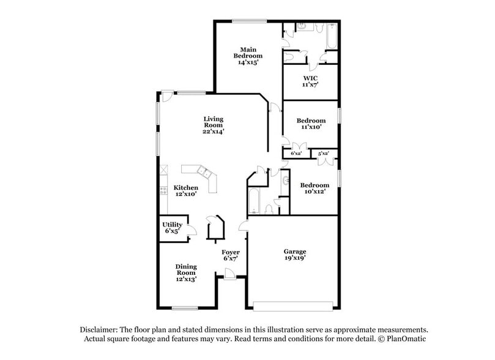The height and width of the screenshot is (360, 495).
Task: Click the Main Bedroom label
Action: [x=247, y=55]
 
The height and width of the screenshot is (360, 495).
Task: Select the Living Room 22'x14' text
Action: [x=214, y=125]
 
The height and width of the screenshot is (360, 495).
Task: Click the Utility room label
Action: [x=172, y=228]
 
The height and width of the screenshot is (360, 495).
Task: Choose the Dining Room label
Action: [x=185, y=273]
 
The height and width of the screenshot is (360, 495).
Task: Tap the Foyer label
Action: [x=230, y=255]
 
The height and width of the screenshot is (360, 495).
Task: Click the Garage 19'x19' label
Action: [x=294, y=255]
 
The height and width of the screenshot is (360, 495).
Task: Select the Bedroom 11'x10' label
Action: [x=311, y=124]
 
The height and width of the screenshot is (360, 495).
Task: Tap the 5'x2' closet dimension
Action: [x=324, y=153]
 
